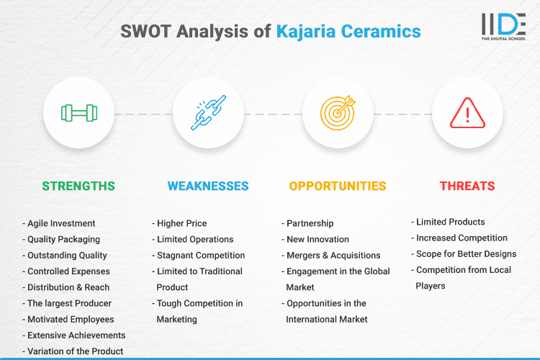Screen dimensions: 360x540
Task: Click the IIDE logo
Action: click(x=504, y=27)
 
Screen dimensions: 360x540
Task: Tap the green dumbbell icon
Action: click(x=78, y=113)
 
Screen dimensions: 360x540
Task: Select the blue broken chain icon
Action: click(x=208, y=113)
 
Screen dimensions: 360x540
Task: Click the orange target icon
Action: click(x=338, y=113)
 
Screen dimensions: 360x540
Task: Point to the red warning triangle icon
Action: click(x=467, y=113)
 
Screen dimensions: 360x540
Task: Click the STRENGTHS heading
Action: click(x=78, y=186)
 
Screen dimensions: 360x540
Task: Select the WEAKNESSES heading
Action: click(x=208, y=186)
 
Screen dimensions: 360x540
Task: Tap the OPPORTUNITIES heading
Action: click(x=338, y=186)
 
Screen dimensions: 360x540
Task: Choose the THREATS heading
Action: click(x=467, y=186)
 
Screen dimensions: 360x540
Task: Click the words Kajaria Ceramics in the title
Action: click(x=348, y=32)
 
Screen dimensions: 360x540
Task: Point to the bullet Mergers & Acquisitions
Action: click(x=333, y=255)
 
